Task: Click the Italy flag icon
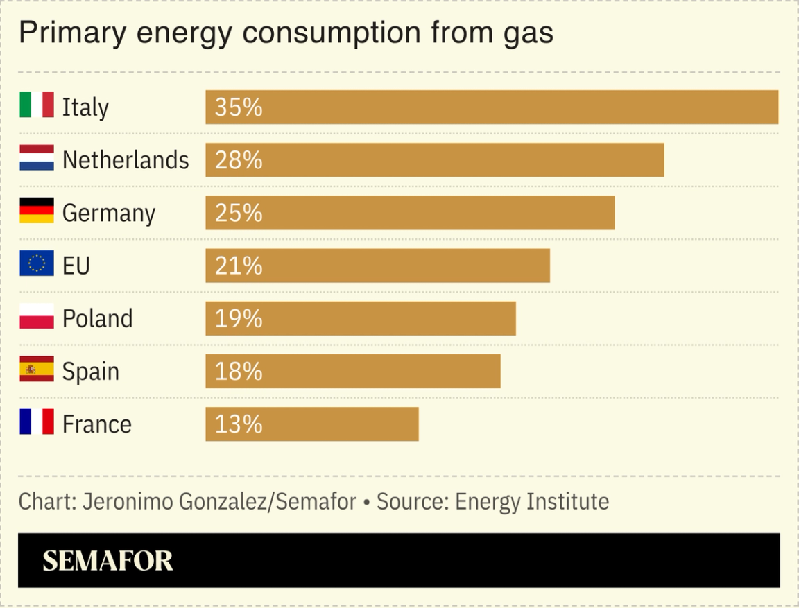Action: tap(36, 106)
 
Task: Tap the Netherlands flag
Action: tap(36, 159)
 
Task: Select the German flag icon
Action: tap(36, 211)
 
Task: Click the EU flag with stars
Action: tap(36, 264)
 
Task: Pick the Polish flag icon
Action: tap(36, 317)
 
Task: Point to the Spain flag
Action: tap(36, 370)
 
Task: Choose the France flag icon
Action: tap(36, 422)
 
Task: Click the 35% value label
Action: tap(239, 107)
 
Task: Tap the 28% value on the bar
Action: tap(239, 160)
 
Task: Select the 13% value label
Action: tap(239, 424)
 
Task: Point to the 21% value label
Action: tap(239, 266)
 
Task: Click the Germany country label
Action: tap(109, 213)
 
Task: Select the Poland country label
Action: tap(97, 318)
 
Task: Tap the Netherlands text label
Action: tap(126, 160)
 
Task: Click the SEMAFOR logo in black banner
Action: tap(108, 561)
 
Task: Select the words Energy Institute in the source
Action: tap(531, 501)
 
